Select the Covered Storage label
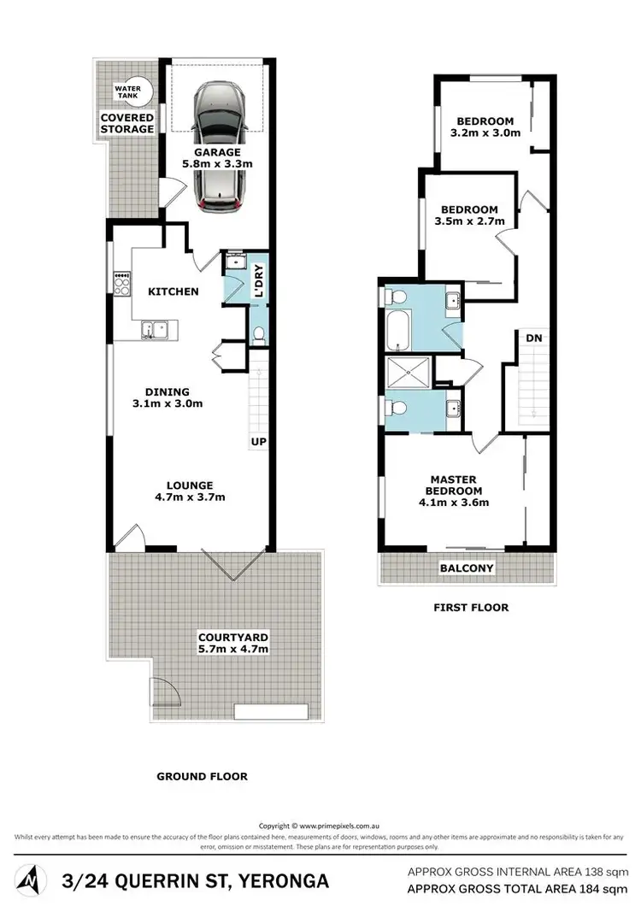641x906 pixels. coord(127,123)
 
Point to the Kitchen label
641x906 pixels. coord(173,291)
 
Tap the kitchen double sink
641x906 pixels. coord(154,328)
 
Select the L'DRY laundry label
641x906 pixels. coord(258,282)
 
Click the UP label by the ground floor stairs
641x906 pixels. coord(258,442)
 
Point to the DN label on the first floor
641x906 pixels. coord(534,338)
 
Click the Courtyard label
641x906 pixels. coord(233,637)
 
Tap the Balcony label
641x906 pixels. coord(466,568)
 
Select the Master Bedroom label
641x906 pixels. coord(453,485)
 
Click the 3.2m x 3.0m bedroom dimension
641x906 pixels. coord(485,132)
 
